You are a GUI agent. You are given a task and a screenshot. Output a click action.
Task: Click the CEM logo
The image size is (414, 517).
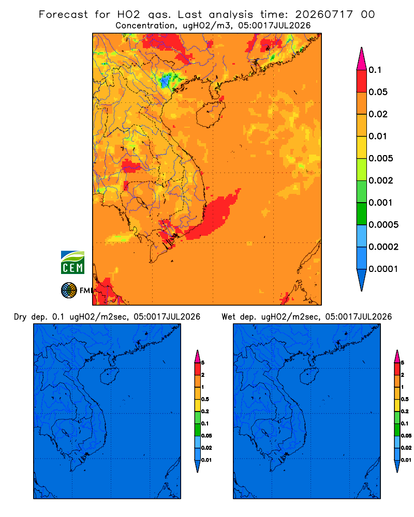coord(72,263)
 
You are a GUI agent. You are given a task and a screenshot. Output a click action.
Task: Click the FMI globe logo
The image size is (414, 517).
coord(69,291)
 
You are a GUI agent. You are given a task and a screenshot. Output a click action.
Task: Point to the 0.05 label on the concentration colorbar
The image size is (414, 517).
coord(378,92)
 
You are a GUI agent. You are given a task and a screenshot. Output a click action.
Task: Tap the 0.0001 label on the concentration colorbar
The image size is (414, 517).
coord(383,269)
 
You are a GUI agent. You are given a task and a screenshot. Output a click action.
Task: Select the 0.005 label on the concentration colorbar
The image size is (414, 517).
coord(381,158)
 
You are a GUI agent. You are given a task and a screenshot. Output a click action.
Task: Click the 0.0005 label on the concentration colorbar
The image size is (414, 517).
coord(383,225)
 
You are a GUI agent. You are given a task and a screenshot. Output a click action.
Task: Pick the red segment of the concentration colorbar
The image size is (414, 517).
coord(362,81)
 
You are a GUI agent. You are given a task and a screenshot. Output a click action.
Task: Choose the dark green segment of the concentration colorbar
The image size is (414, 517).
coord(362,214)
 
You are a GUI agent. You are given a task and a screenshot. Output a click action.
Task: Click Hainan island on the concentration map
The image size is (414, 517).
coord(211,114)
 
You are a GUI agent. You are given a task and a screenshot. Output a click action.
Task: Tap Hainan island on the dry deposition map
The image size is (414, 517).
coord(109,376)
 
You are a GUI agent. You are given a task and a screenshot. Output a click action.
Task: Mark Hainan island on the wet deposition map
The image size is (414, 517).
coord(309,376)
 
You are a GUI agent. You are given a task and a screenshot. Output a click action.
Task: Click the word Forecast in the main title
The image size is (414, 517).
coord(63,14)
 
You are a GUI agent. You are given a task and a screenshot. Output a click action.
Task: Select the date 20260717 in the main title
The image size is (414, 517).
coord(324,14)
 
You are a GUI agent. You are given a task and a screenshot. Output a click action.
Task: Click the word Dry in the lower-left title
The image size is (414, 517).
coord(20,317)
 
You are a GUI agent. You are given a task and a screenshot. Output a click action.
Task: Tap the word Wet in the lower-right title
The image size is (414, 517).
coord(228,317)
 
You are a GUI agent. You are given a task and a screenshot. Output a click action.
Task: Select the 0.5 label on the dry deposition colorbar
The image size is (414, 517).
coord(205,399)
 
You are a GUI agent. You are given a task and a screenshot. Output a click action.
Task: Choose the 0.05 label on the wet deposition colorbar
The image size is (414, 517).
coord(406,435)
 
